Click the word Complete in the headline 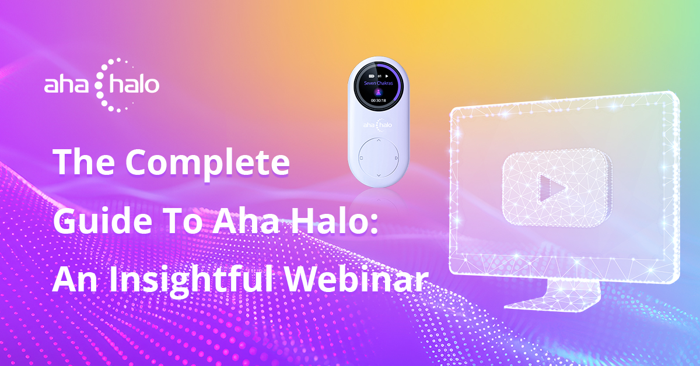(208, 163)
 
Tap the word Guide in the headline (103, 220)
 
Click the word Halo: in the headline (335, 220)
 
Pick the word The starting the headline (84, 162)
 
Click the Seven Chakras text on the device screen (379, 83)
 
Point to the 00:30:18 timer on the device (379, 101)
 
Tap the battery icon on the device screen (371, 76)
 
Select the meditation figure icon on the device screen (379, 92)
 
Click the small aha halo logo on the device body (377, 125)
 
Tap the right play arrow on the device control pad (396, 158)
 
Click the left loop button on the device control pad (361, 158)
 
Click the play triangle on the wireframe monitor (552, 188)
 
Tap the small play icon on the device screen (387, 76)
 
